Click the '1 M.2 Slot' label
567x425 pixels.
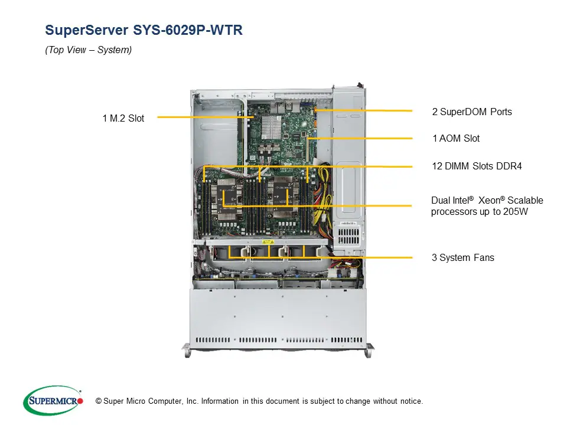123,118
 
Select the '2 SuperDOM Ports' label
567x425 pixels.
472,112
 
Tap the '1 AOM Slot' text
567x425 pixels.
456,138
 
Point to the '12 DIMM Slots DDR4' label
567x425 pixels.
477,166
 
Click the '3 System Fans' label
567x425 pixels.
462,257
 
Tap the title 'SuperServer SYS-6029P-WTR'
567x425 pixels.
144,30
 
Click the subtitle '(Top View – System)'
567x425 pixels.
89,50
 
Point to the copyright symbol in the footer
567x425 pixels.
99,401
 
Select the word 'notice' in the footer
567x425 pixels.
409,401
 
